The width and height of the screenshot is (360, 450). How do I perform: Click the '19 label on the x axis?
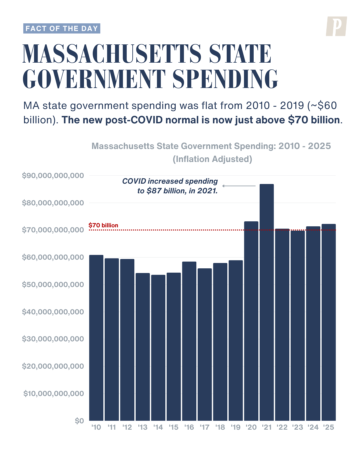point(236,427)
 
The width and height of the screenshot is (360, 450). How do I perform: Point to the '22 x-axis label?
point(282,427)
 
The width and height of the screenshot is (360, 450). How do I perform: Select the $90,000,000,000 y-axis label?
point(53,176)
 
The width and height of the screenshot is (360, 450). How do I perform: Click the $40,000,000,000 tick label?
point(53,312)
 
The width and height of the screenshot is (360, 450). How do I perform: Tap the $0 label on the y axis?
point(79,421)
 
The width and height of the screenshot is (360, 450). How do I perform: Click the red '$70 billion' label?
point(103,225)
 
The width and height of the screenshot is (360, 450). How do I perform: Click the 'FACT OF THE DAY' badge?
point(62,29)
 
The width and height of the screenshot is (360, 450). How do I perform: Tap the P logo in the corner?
point(336,26)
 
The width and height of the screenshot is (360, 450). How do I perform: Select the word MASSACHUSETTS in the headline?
point(112,54)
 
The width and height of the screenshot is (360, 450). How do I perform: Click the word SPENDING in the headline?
point(225,79)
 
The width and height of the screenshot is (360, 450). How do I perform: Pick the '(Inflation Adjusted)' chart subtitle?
point(212,159)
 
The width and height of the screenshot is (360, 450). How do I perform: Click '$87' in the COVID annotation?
point(154,191)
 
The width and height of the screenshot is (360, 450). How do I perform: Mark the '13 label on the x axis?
point(143,427)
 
